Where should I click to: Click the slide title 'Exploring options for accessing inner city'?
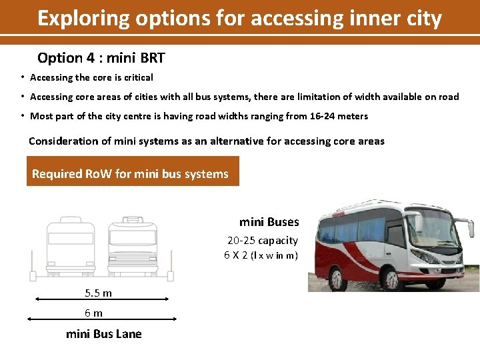click(x=239, y=18)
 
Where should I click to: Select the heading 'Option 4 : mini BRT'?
click(x=101, y=58)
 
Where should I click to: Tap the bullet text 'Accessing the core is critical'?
click(x=91, y=78)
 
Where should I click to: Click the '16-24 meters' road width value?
click(x=339, y=116)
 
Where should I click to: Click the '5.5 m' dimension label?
click(x=98, y=293)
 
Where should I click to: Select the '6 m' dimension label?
click(x=93, y=313)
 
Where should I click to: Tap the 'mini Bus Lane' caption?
click(x=103, y=334)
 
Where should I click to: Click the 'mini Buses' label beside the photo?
click(x=269, y=222)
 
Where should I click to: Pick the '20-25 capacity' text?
click(x=262, y=241)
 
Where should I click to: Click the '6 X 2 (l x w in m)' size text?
click(x=261, y=255)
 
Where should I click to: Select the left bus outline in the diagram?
click(x=70, y=247)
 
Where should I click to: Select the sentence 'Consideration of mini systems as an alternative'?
click(x=206, y=141)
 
